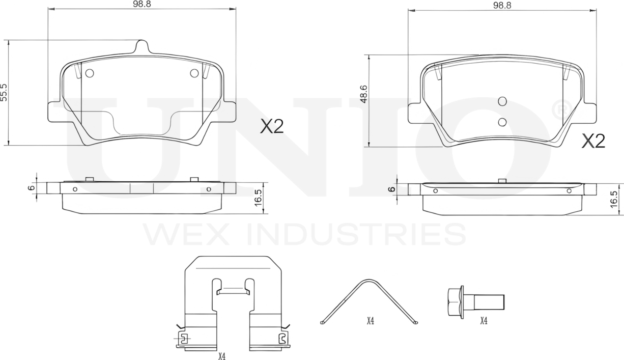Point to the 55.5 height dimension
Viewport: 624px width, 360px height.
[4, 93]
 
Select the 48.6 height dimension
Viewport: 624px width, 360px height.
[363, 95]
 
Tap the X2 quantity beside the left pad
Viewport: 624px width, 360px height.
[271, 126]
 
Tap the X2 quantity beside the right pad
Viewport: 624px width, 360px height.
[593, 141]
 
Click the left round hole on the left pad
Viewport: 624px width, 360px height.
[90, 73]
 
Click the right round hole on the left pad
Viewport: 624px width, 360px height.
[194, 73]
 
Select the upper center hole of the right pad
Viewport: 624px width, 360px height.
[502, 101]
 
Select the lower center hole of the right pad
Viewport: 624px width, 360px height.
[502, 121]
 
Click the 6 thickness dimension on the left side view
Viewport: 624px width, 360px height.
[31, 188]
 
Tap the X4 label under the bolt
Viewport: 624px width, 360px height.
[484, 321]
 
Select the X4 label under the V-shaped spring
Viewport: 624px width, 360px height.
[370, 321]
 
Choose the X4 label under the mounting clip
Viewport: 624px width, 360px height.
[222, 356]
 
